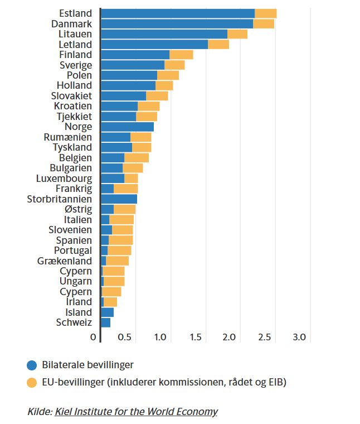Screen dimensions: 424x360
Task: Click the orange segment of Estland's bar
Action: coord(265,13)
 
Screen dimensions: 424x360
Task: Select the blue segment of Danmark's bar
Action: coord(177,23)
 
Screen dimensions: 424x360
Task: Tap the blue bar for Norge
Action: coord(127,127)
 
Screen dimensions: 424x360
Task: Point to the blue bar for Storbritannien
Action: coord(119,199)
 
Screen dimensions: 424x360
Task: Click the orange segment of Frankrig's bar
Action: coord(125,189)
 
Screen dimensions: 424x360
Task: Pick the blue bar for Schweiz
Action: coord(105,322)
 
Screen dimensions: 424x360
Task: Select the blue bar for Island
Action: coord(107,312)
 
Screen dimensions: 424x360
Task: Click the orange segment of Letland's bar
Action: coord(218,44)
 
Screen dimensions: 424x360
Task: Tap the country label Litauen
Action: coord(75,34)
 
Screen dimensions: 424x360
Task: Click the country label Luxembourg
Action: coord(64,179)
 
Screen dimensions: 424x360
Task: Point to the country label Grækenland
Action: coord(65,261)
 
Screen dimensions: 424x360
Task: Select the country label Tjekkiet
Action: coord(74,117)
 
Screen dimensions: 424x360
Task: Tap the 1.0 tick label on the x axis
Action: coord(160,338)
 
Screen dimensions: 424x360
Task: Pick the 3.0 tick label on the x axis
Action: coord(300,338)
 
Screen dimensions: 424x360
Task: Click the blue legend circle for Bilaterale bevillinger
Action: coord(32,365)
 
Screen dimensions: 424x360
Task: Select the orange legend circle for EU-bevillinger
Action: coord(32,382)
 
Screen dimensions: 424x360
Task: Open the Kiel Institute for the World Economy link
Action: coord(136,412)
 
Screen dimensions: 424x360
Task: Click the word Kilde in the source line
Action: coord(38,412)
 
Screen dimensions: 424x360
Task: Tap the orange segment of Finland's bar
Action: coord(181,55)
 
